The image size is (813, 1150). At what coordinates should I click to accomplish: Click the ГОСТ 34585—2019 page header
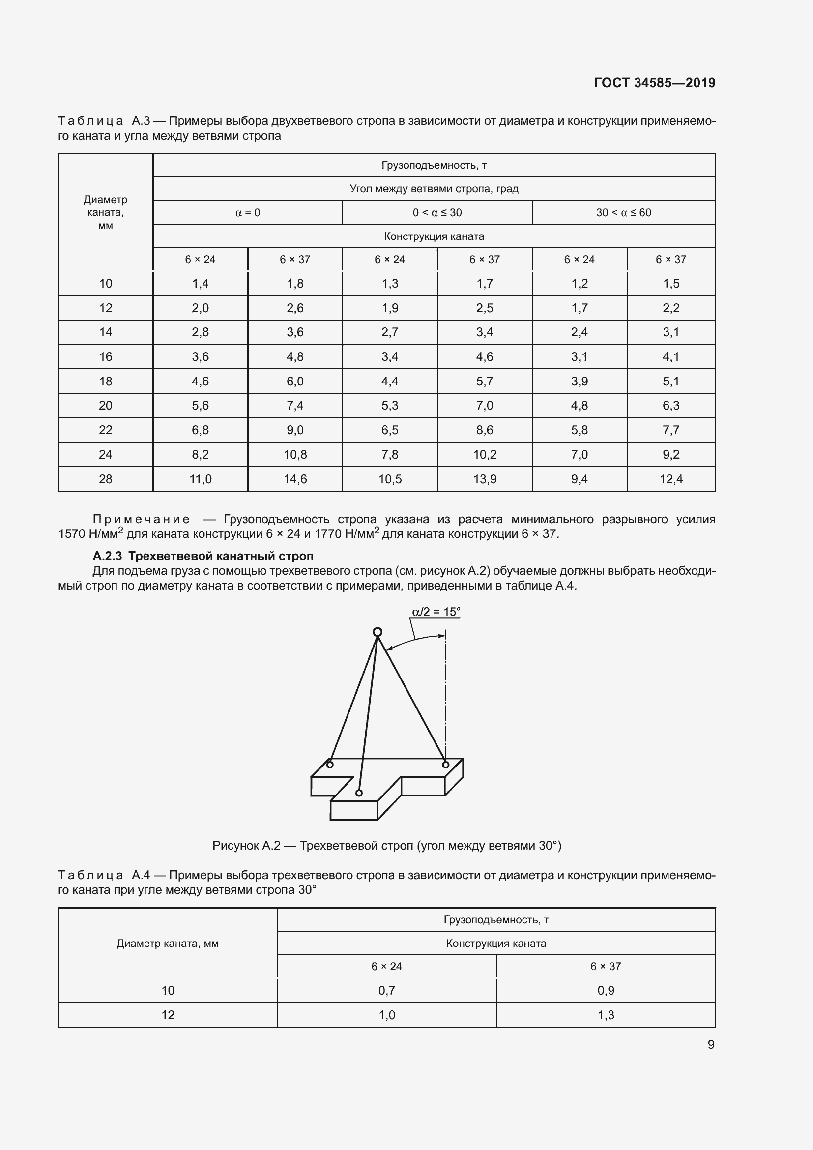pos(654,83)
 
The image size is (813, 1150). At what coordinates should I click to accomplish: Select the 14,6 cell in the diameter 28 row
pos(295,479)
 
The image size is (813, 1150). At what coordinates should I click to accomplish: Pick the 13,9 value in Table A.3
pos(485,479)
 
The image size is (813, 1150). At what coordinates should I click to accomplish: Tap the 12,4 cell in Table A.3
pos(671,479)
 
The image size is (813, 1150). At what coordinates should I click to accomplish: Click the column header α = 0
pos(247,213)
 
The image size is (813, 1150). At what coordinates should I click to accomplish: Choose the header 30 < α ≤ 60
pos(623,213)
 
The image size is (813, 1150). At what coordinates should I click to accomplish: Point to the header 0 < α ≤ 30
pos(437,213)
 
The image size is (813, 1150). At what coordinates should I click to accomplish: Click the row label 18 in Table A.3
pos(106,381)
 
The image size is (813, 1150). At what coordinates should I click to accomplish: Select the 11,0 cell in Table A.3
pos(200,479)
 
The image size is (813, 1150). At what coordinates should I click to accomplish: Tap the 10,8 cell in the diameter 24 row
pos(295,455)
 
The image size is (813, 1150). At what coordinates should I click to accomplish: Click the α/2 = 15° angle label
pos(436,612)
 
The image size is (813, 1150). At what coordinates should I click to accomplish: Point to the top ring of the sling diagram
pos(377,632)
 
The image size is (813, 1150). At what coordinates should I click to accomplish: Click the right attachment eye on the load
pos(445,765)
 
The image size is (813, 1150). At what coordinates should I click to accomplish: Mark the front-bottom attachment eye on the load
pos(359,793)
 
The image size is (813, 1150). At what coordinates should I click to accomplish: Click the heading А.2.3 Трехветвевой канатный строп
pos(203,556)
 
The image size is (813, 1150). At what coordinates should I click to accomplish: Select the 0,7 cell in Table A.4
pos(386,990)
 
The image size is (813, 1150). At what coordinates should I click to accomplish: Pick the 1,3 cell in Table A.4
pos(606,1015)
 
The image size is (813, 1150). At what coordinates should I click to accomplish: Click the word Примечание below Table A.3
pos(141,519)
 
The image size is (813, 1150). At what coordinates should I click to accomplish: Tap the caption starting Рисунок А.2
pos(386,846)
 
